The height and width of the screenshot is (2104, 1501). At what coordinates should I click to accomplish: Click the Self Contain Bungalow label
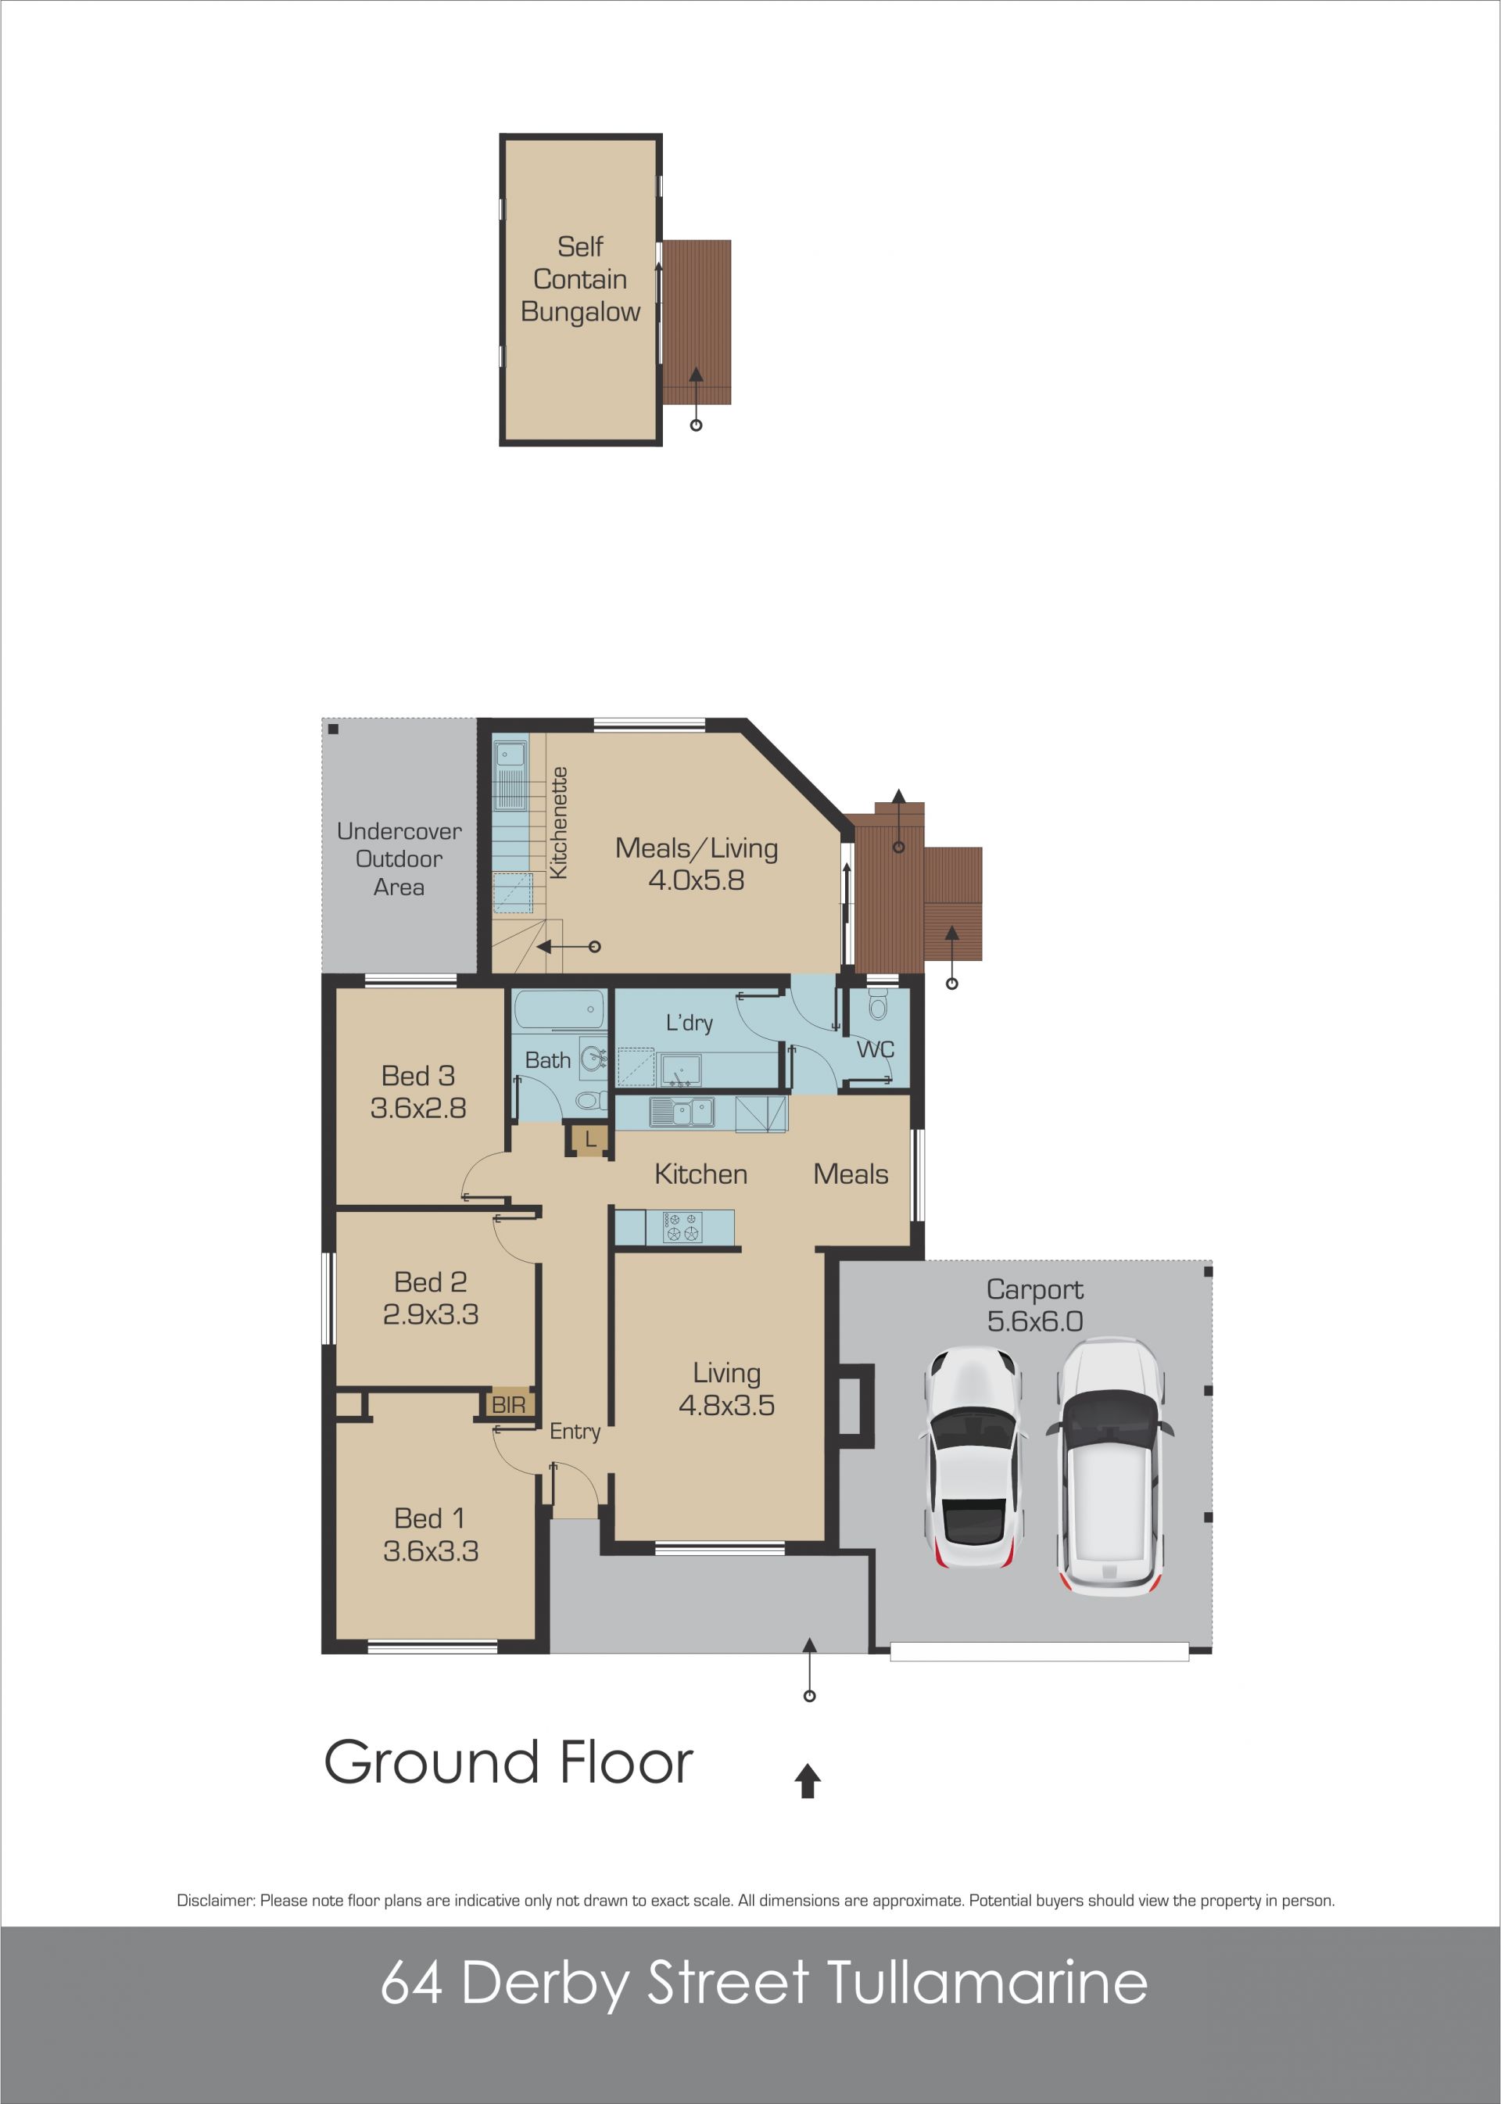pos(580,279)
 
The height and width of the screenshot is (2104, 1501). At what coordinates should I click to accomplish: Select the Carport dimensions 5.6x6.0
pos(1034,1321)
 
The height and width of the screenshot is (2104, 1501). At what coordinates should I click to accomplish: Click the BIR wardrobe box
pos(508,1405)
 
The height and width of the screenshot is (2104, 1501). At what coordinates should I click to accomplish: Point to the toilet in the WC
pos(878,1005)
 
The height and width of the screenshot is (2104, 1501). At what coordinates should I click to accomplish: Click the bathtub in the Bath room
pos(560,1009)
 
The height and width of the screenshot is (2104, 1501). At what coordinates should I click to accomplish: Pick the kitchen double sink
pos(682,1112)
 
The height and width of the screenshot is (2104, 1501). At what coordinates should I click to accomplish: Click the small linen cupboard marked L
pos(589,1141)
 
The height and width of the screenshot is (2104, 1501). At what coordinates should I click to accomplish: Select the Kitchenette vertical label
pos(558,823)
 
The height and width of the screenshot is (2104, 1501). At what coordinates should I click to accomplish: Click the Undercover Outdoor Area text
pos(399,858)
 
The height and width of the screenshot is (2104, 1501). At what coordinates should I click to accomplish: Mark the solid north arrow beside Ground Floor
pos(808,1780)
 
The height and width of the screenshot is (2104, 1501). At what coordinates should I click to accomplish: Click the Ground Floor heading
pos(508,1762)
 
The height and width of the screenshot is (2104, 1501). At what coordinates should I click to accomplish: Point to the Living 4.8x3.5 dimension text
pos(726,1406)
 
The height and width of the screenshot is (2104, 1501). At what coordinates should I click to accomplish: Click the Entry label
pos(575,1432)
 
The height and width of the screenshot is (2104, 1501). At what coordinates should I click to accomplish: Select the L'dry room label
pos(690,1023)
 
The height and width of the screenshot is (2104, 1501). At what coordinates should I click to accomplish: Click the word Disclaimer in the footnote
pos(215,1901)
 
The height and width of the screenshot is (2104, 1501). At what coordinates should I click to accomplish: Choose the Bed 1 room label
pos(431,1518)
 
